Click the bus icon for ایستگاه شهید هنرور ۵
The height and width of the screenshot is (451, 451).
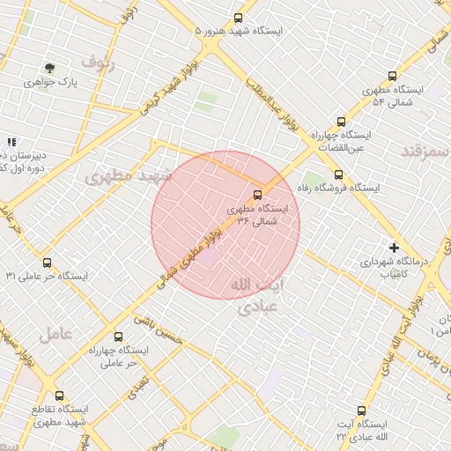(239, 18)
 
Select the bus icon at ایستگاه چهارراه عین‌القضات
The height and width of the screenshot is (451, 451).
(341, 122)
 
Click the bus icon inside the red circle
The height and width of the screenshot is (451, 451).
(257, 194)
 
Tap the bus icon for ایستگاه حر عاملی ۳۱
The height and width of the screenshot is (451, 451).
(47, 262)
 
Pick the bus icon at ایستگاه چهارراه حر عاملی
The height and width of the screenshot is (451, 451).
(119, 336)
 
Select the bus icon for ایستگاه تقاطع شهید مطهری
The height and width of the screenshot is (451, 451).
(59, 396)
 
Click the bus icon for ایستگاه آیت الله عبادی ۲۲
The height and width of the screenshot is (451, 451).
(361, 410)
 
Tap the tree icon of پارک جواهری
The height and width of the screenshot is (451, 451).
(49, 68)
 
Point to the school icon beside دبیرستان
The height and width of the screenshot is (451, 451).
(11, 141)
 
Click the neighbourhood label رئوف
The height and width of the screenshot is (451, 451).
(98, 61)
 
